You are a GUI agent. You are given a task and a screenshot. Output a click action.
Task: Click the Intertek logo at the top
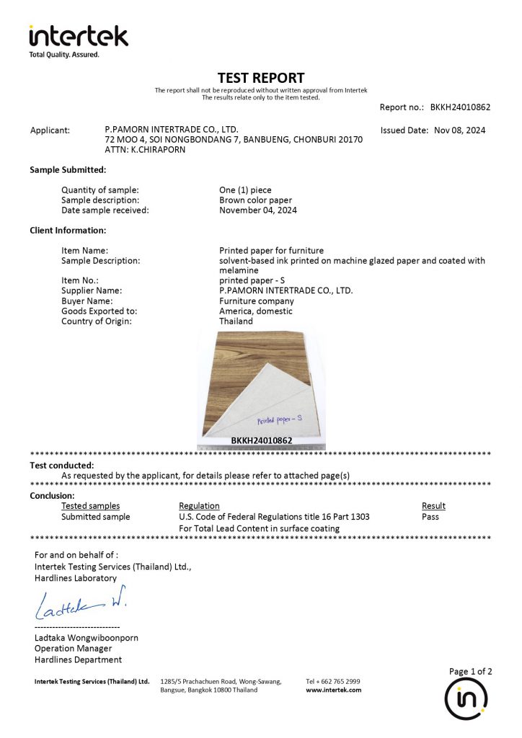[x=78, y=37]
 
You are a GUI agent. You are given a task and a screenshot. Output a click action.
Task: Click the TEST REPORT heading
[x=261, y=77]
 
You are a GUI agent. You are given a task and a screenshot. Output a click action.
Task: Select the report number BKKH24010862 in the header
[x=460, y=107]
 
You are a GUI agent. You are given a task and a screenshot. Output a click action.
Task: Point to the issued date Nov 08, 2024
[x=459, y=130]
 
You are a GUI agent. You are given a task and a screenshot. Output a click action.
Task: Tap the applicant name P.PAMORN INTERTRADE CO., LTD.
[x=172, y=130]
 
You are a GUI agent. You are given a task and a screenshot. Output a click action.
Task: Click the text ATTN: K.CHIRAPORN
[x=145, y=150]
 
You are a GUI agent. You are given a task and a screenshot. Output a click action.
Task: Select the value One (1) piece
[x=245, y=190]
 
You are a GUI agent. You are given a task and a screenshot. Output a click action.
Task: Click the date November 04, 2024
[x=257, y=210]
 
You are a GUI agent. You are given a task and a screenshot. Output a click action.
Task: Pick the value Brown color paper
[x=255, y=200]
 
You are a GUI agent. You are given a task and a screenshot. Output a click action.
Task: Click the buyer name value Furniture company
[x=256, y=301]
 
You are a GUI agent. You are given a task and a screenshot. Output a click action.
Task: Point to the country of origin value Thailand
[x=236, y=321]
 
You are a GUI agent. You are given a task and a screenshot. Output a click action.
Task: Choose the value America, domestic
[x=255, y=311]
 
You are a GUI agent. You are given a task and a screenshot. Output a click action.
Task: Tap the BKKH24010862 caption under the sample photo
[x=261, y=440]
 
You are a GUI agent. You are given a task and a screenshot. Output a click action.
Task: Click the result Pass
[x=430, y=517]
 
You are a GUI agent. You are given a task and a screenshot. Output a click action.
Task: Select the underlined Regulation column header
[x=199, y=506]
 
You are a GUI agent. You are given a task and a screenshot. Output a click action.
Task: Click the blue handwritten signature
[x=80, y=604]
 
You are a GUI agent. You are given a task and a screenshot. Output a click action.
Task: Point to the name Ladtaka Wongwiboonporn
[x=87, y=638]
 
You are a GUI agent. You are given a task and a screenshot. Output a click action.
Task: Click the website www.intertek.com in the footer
[x=333, y=690]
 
